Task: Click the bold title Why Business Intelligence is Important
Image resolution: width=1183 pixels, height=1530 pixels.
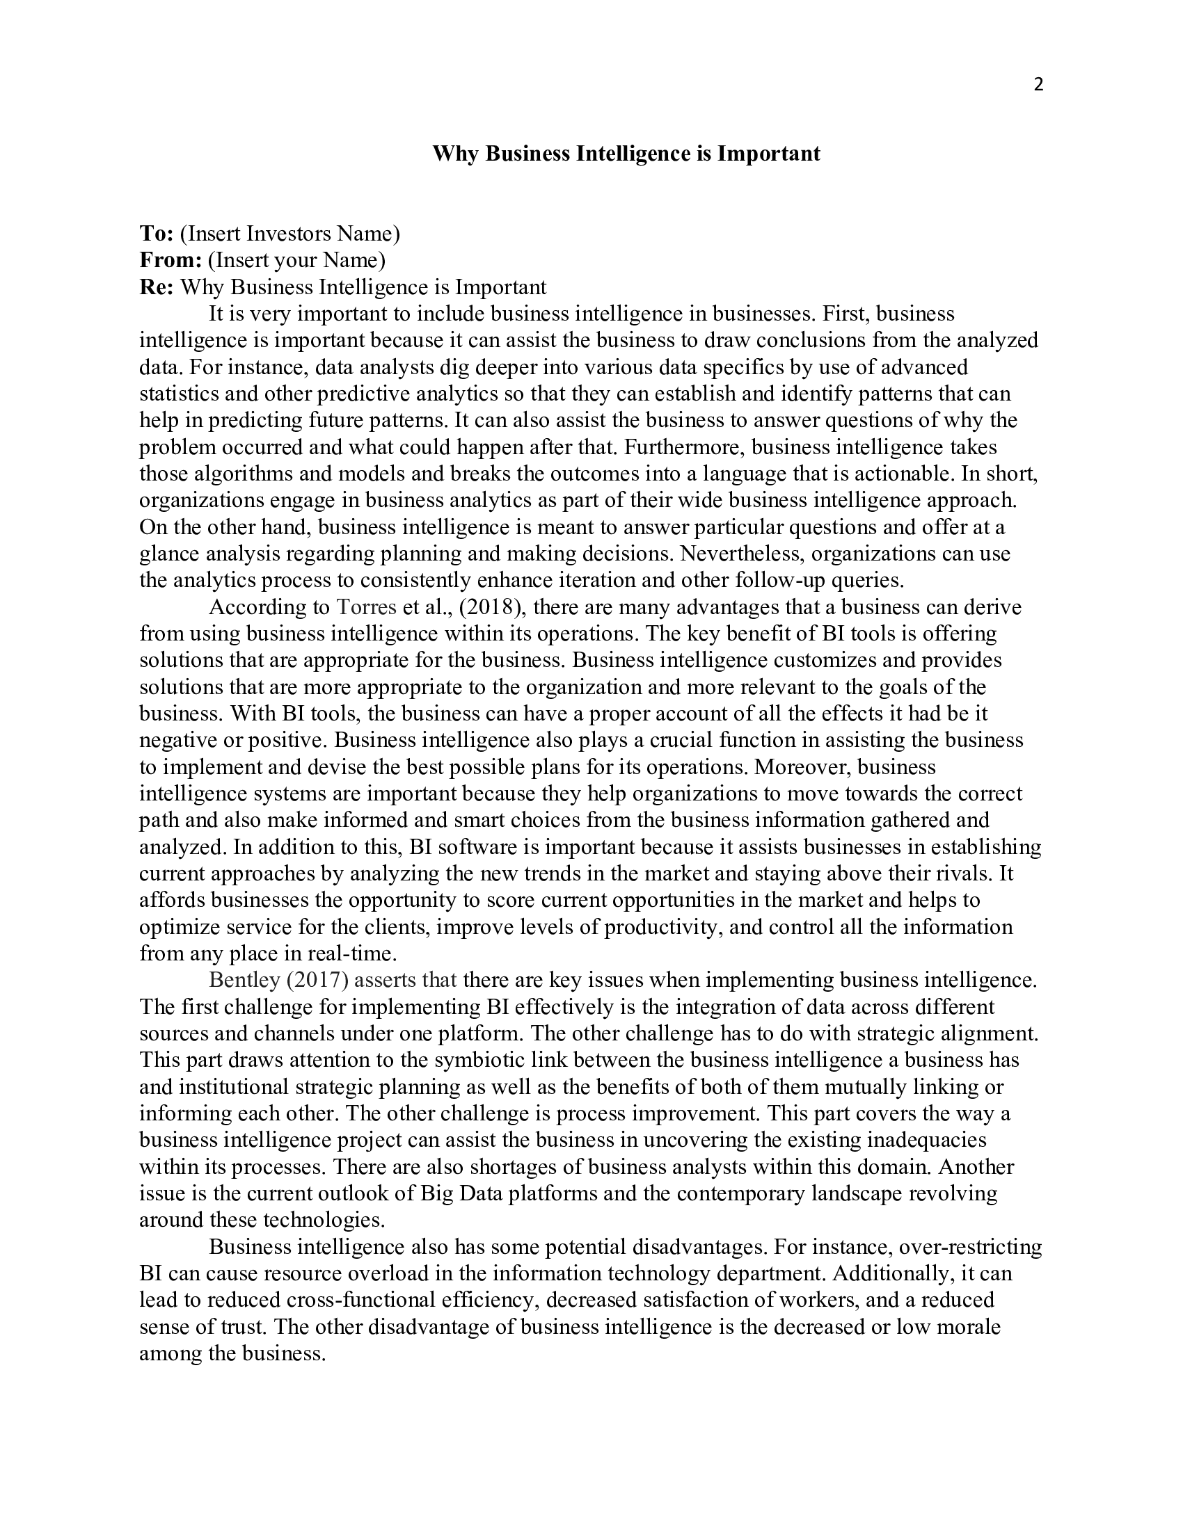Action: [x=626, y=154]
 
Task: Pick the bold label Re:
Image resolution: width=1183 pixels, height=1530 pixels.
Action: [x=157, y=287]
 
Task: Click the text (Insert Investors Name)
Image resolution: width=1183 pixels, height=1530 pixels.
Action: [x=289, y=233]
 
